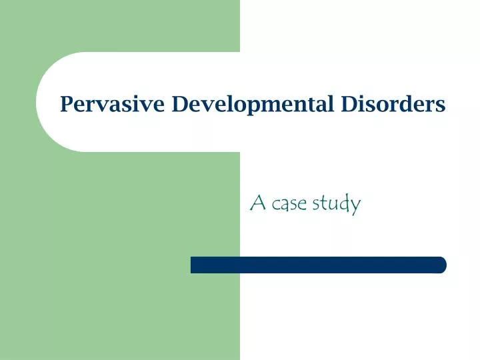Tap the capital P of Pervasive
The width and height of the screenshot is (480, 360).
point(66,105)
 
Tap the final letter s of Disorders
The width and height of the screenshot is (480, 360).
point(441,106)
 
